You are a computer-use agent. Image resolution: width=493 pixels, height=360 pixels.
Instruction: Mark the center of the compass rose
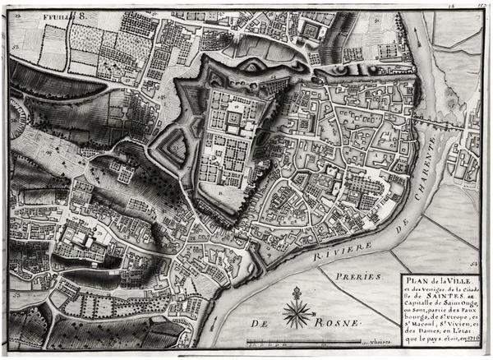tap(297, 313)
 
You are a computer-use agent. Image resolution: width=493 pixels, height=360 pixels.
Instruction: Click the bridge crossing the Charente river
tap(445, 121)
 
